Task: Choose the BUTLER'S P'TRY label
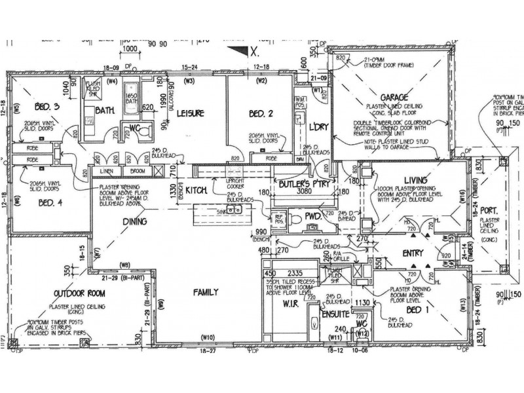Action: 303,185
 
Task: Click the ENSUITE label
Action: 334,314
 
